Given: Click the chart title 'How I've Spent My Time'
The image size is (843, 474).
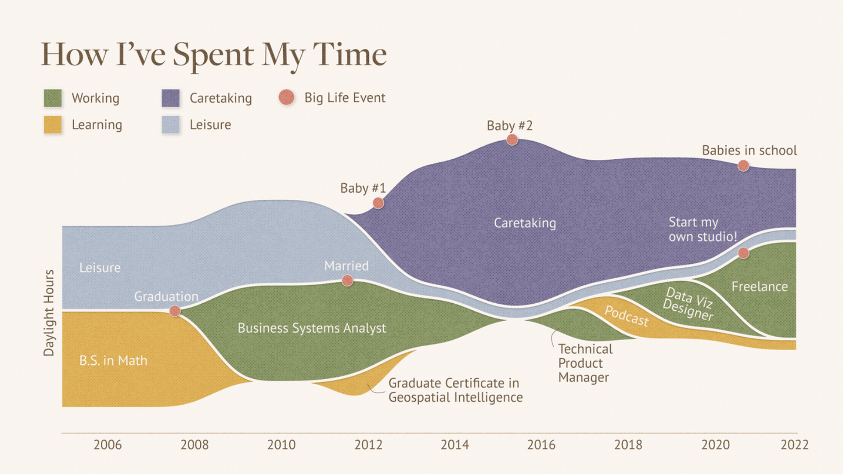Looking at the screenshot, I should click(x=214, y=55).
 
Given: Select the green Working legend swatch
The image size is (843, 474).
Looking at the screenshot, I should click(x=53, y=98).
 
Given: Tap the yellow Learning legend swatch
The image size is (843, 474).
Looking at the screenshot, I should click(x=53, y=125).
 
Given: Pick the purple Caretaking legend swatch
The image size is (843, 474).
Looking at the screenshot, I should click(x=170, y=98).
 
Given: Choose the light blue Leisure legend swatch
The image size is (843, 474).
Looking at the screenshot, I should click(x=170, y=125).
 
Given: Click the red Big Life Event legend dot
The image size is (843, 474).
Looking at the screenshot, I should click(x=286, y=97).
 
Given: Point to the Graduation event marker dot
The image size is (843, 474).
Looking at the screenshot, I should click(x=175, y=311).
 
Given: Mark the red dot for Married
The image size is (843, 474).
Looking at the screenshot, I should click(x=347, y=280).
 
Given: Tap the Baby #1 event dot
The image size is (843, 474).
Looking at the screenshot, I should click(x=378, y=203).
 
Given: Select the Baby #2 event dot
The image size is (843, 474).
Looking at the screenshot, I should click(x=512, y=140).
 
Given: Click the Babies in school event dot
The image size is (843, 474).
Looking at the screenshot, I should click(x=743, y=165).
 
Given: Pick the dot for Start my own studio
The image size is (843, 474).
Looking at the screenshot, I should click(x=743, y=253).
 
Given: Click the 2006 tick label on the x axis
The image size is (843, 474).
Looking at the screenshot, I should click(x=108, y=445).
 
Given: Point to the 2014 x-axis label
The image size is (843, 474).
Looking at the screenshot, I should click(x=455, y=445).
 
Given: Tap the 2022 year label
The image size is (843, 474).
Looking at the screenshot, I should click(x=794, y=445).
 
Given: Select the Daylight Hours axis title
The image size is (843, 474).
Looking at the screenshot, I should click(x=49, y=312).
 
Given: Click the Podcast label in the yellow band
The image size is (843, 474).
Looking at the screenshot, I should click(x=627, y=316).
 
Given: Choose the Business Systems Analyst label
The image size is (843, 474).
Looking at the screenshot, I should click(x=312, y=328).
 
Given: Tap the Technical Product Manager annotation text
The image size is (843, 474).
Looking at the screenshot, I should click(x=585, y=363).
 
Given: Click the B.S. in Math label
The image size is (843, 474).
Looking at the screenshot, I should click(x=113, y=360).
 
